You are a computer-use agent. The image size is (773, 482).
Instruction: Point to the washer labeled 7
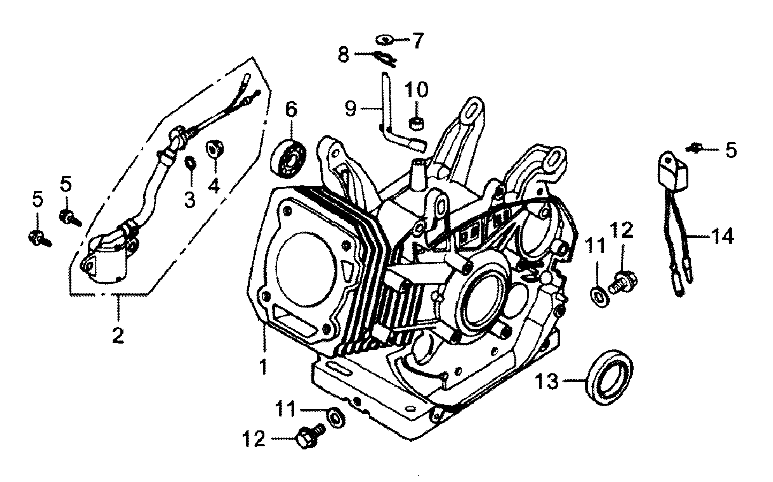tap(385, 40)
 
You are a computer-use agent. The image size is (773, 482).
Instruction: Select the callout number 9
tap(350, 109)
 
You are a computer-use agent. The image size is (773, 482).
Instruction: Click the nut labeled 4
tap(214, 149)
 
